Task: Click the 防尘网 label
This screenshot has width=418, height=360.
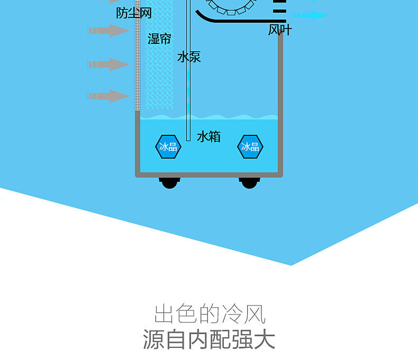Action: click(134, 13)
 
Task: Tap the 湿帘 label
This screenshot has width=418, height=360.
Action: click(159, 39)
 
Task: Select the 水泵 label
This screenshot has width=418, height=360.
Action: click(189, 57)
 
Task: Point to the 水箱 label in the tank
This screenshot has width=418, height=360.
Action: click(208, 137)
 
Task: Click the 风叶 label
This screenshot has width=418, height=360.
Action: click(279, 30)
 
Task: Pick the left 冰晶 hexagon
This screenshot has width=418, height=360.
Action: click(168, 146)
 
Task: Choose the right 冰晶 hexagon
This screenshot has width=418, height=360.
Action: click(250, 146)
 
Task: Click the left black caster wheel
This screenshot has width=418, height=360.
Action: click(169, 183)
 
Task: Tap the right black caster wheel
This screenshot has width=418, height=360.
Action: click(249, 183)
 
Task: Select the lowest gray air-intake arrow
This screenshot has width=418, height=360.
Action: click(108, 96)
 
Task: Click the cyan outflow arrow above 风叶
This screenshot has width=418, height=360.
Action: click(310, 15)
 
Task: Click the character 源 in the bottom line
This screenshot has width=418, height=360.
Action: click(155, 339)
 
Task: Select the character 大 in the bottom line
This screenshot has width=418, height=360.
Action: click(263, 339)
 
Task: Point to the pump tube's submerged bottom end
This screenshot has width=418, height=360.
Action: click(188, 139)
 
